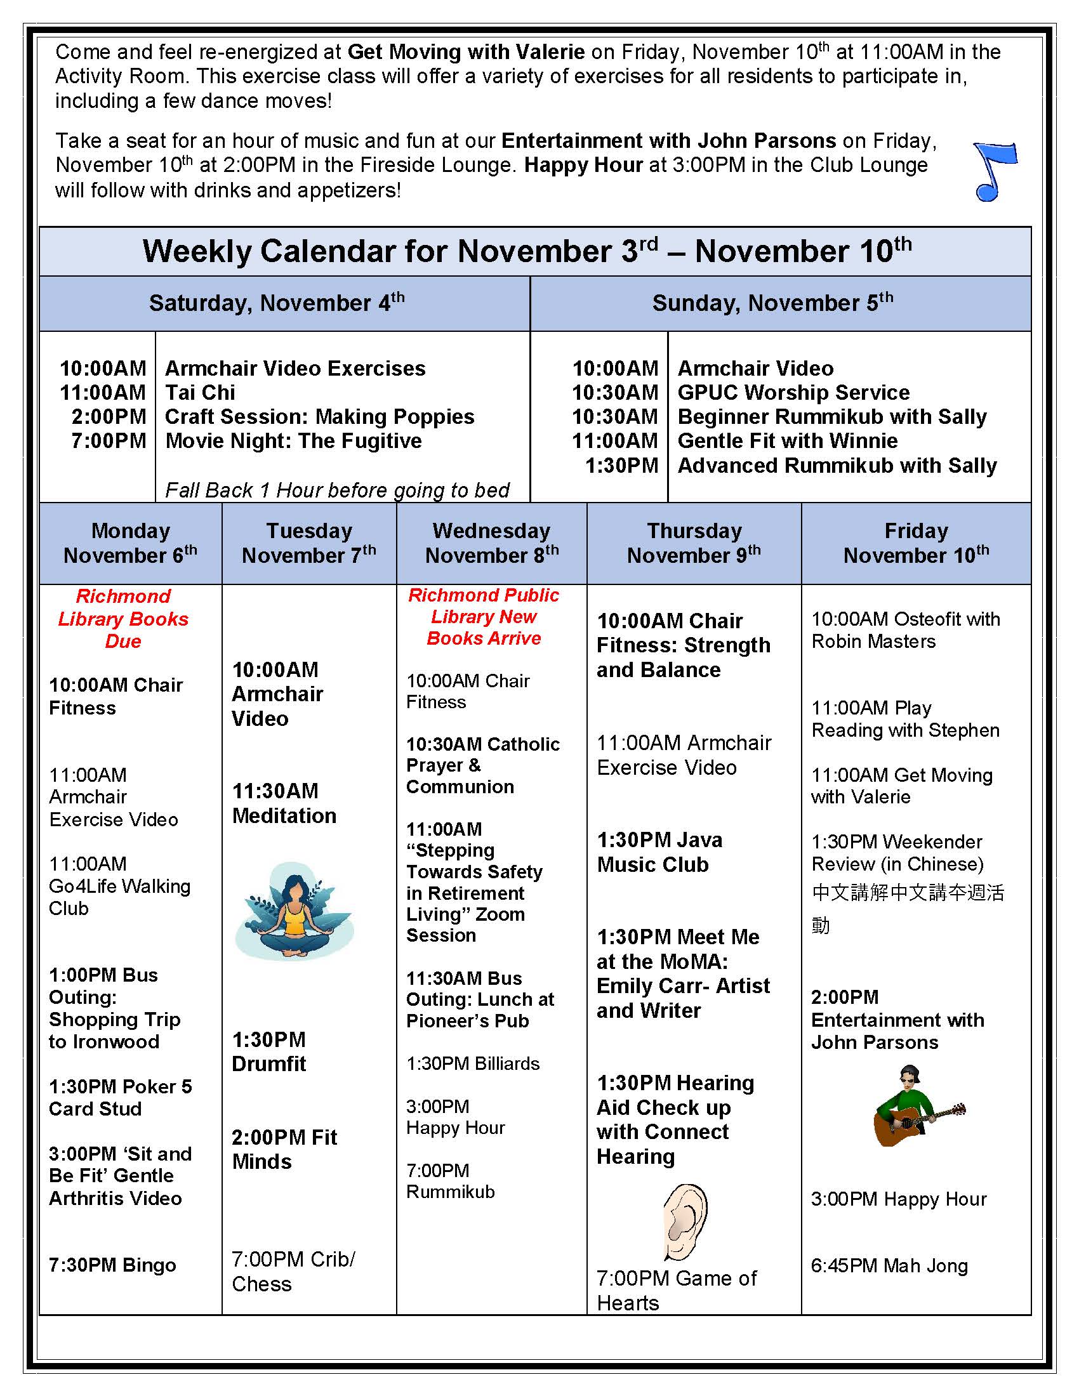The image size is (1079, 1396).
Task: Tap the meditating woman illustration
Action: point(295,911)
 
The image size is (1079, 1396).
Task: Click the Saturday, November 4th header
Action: point(277,303)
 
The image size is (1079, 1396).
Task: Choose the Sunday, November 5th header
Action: point(772,303)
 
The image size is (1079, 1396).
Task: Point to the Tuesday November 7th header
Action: point(308,543)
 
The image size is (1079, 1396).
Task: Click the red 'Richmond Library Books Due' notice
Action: point(123,619)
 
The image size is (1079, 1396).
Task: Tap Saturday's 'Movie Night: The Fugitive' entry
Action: point(293,441)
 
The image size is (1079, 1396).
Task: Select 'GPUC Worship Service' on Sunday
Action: point(793,392)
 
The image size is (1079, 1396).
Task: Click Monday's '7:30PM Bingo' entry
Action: point(112,1265)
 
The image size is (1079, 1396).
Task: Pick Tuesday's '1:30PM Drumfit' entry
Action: point(269,1051)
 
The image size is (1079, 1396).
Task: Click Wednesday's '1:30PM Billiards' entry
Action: point(473,1063)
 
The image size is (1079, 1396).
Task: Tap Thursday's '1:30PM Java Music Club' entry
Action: point(659,852)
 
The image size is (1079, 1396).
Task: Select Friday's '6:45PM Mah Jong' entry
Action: point(889,1266)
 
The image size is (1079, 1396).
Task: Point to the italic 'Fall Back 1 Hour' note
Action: point(337,491)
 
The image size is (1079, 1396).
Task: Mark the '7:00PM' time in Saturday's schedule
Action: point(109,441)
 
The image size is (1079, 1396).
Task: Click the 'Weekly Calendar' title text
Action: point(527,251)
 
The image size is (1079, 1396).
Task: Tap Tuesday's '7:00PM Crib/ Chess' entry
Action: point(293,1272)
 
